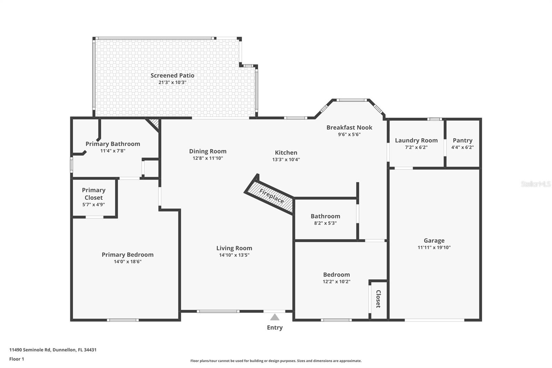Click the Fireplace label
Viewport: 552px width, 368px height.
(272, 196)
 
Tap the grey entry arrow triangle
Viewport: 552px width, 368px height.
(275, 317)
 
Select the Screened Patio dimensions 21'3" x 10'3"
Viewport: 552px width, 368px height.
(172, 83)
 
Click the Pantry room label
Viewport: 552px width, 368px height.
(462, 140)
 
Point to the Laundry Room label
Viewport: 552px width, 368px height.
(416, 140)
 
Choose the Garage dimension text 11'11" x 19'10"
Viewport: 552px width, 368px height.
(434, 248)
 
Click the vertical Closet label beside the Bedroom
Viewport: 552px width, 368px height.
(378, 299)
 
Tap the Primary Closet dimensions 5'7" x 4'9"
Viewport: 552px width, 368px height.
(93, 205)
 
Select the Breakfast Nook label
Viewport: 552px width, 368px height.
(349, 127)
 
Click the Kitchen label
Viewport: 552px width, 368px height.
(286, 153)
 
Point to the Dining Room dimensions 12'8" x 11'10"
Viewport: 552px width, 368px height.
(208, 158)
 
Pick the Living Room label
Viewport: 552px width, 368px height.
(234, 248)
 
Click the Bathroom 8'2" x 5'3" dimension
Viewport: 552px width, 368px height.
(325, 223)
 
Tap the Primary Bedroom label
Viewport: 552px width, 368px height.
(127, 254)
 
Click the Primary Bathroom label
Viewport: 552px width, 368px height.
(112, 144)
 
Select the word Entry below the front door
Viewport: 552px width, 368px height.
(275, 328)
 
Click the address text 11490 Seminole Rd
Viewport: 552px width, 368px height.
(30, 350)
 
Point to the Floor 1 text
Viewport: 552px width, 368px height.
(17, 359)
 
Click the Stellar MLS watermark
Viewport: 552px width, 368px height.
(535, 184)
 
